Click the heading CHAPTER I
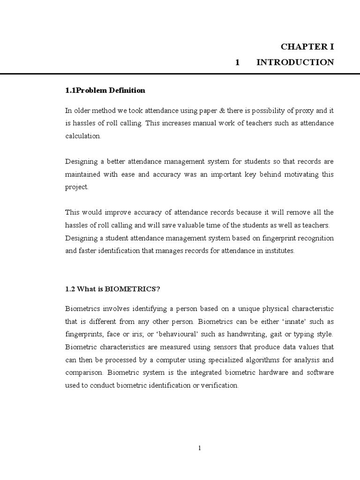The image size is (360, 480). point(307,47)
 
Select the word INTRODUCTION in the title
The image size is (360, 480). point(295,62)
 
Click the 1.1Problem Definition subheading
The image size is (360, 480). point(105,90)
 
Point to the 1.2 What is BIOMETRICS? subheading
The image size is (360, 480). point(112,289)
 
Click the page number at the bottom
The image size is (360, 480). point(200,448)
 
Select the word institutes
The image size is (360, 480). point(278,251)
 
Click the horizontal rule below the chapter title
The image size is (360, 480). point(180,74)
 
